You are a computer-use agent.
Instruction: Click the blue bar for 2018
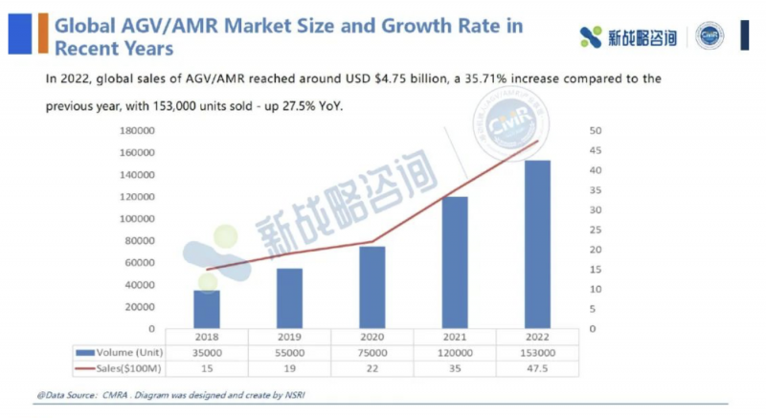click(206, 309)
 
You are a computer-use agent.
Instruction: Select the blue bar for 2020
click(372, 287)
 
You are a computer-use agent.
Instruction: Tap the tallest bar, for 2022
click(537, 244)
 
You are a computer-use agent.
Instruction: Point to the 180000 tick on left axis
click(139, 130)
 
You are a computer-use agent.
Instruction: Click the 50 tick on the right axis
click(595, 130)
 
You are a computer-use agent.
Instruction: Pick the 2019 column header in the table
click(289, 337)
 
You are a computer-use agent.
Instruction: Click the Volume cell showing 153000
click(537, 352)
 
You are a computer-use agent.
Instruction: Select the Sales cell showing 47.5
click(537, 367)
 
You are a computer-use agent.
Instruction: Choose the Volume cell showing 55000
click(289, 352)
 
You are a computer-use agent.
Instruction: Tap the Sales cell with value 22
click(372, 367)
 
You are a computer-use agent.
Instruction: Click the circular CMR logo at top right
click(710, 36)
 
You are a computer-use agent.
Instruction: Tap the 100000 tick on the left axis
click(139, 218)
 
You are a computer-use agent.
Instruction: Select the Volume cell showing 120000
click(454, 352)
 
